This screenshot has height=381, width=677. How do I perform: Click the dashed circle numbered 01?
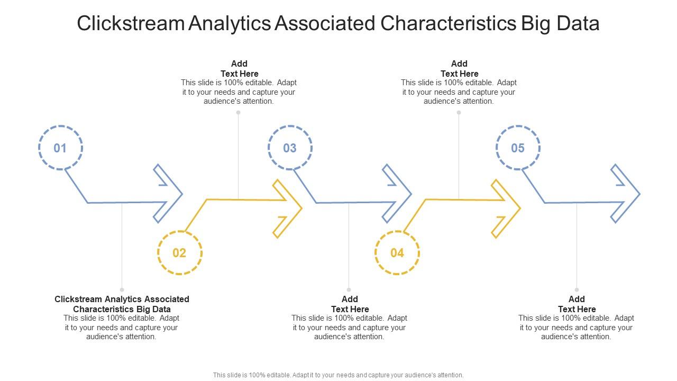[60, 148]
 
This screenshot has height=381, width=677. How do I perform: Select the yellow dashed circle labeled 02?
[179, 252]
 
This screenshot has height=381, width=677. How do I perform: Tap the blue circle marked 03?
[290, 148]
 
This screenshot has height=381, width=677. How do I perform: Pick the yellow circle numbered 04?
[397, 252]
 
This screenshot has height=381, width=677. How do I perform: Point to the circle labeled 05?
[518, 148]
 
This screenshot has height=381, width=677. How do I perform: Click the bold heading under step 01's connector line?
[122, 304]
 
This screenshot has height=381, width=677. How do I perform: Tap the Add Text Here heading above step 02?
[239, 69]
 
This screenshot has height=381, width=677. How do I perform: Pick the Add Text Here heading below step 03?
[350, 304]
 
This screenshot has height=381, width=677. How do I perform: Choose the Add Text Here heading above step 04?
[459, 69]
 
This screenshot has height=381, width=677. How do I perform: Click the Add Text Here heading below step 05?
[577, 304]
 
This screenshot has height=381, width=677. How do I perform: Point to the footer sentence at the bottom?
[338, 375]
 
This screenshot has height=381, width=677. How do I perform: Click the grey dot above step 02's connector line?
[239, 112]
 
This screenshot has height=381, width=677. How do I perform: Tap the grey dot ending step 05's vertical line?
[577, 289]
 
